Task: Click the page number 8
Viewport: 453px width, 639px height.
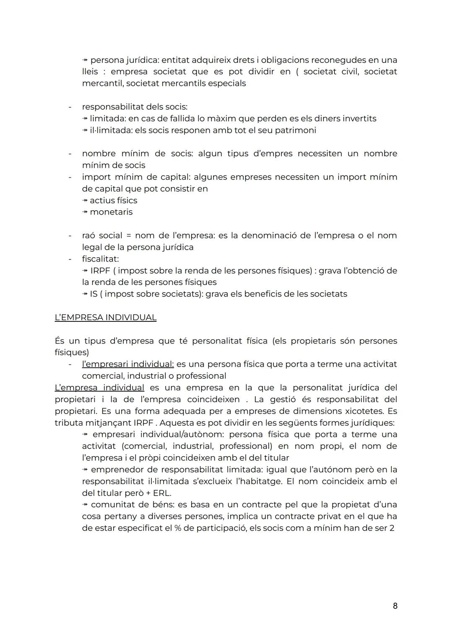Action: coord(395,605)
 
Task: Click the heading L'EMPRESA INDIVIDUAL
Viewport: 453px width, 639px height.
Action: coord(105,318)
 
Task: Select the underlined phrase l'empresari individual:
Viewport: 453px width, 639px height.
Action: coord(128,364)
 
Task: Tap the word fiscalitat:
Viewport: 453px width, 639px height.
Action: coord(100,259)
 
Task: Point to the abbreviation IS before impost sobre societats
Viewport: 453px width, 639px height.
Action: coord(94,294)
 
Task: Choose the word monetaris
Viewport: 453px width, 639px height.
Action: coord(111,212)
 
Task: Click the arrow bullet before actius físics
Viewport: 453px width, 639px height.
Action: coord(85,201)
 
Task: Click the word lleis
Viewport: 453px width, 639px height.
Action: coord(90,72)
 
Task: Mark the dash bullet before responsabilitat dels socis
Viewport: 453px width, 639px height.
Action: coord(70,107)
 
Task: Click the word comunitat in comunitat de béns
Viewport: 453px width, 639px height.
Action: coord(110,504)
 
